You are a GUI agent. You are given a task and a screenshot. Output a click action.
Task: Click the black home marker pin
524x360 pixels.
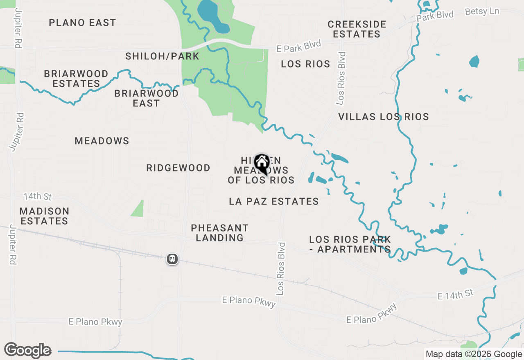tap(262, 164)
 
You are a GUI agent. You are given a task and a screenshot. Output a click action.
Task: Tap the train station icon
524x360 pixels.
tap(172, 259)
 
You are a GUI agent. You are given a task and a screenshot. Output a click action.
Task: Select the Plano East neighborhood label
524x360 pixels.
tap(82, 22)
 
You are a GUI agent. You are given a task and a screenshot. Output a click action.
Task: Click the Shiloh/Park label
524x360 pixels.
tap(162, 56)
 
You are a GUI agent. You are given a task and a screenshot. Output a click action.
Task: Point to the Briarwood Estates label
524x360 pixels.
tap(76, 79)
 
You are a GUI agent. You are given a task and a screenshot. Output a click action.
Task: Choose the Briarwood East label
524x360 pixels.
tap(147, 98)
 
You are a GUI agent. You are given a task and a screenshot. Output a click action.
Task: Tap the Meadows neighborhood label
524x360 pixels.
tap(102, 141)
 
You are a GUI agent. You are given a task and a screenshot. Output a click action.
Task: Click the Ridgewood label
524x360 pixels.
tap(178, 168)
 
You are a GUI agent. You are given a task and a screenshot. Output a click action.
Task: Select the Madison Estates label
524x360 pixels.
tap(44, 216)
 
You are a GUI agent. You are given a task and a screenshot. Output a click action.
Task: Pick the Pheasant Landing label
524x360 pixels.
tap(219, 232)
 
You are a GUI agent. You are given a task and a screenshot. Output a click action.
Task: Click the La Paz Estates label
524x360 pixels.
tap(274, 201)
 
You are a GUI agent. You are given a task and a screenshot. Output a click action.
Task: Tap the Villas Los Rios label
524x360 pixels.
tap(384, 117)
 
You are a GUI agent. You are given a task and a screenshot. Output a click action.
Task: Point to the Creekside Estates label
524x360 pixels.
tap(357, 29)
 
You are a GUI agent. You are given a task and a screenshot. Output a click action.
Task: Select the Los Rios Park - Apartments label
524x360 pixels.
tap(350, 244)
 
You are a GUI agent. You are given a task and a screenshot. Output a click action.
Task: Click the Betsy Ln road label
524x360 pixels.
tap(482, 11)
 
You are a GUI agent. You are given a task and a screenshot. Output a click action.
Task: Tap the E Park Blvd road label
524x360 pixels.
tap(299, 46)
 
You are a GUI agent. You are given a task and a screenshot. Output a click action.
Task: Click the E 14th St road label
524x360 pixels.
tap(455, 294)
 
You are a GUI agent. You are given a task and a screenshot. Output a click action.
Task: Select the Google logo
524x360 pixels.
tap(27, 350)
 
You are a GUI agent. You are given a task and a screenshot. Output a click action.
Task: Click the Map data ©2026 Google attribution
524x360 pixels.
tap(474, 354)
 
